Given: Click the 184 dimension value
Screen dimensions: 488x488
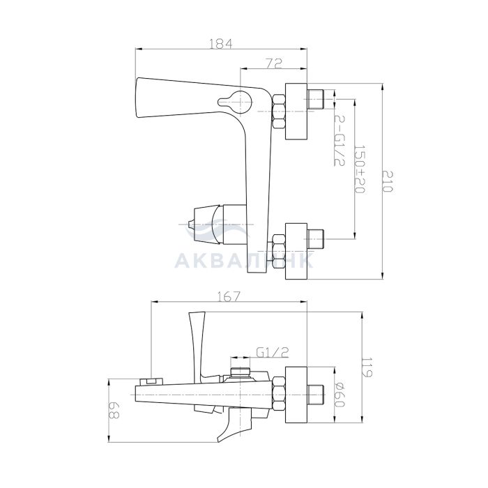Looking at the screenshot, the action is pyautogui.click(x=220, y=43).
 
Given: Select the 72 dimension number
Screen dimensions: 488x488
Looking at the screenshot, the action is pyautogui.click(x=274, y=63).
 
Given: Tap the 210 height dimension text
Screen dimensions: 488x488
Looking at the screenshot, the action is pyautogui.click(x=388, y=181).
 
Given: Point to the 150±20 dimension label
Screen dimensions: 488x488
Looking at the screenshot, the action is pyautogui.click(x=360, y=169).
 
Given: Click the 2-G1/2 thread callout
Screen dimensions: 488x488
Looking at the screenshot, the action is pyautogui.click(x=339, y=140).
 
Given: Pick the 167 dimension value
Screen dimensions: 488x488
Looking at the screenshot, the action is pyautogui.click(x=229, y=296).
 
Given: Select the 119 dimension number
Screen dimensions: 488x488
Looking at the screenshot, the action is pyautogui.click(x=367, y=367).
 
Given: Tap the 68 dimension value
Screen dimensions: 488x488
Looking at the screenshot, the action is pyautogui.click(x=114, y=411).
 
